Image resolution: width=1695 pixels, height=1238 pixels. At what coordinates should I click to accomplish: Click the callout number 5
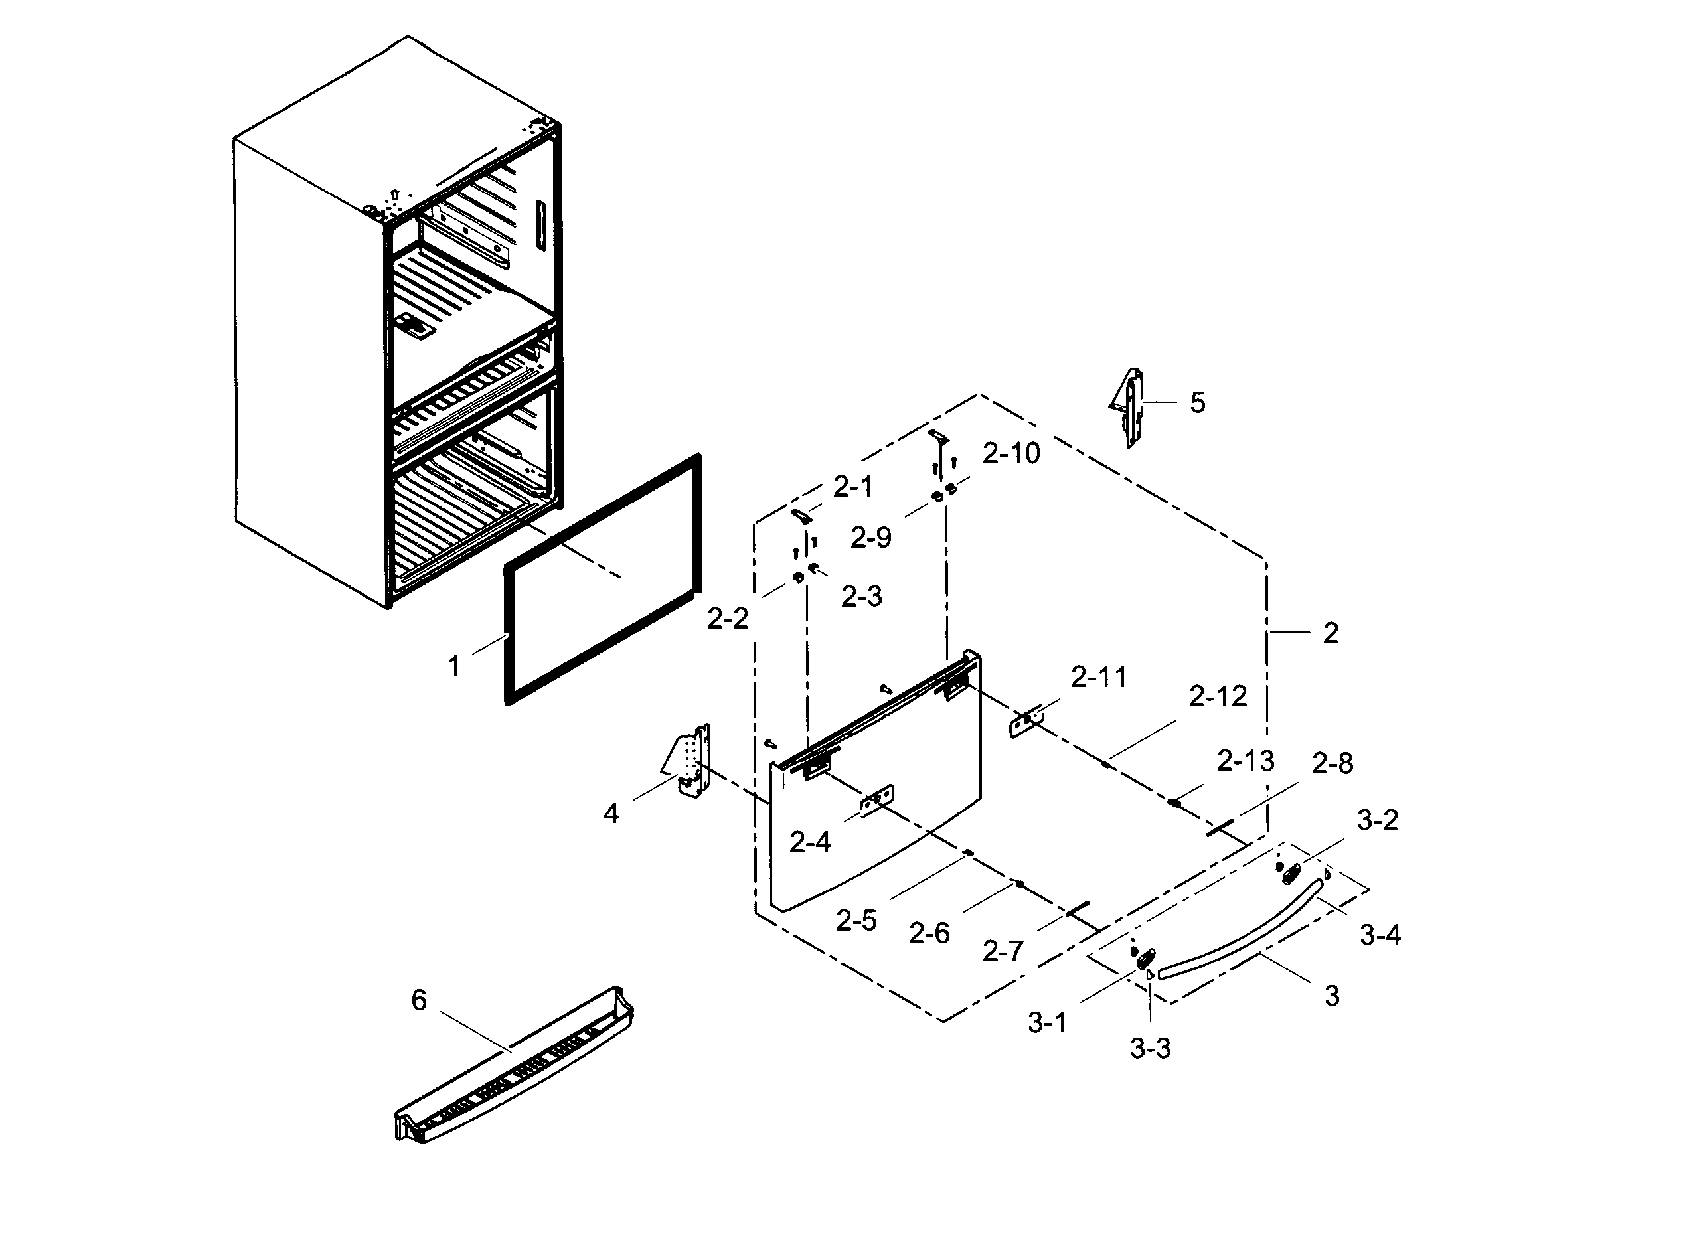point(1198,403)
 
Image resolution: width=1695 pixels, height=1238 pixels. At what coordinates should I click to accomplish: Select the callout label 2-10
point(1011,453)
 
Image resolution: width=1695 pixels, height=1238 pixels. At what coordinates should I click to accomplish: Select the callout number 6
point(419,1000)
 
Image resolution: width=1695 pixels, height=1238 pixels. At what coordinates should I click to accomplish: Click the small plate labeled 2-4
point(877,801)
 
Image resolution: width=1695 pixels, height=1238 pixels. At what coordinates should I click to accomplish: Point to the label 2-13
point(1246,761)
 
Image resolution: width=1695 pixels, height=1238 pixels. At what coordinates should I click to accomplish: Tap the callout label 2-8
point(1332,763)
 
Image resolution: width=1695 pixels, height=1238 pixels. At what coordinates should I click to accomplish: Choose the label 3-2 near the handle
point(1377,820)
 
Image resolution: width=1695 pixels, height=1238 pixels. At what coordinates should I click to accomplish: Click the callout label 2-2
point(728,619)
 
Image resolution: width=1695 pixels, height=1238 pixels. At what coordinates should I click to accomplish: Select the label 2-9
point(870,538)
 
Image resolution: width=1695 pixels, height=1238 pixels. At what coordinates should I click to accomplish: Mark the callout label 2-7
point(1003,953)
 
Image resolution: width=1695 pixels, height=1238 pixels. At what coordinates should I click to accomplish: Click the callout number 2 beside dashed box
point(1330,634)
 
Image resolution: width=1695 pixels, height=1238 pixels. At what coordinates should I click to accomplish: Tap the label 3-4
point(1380,935)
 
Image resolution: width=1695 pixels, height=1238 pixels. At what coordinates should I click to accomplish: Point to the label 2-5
point(856,921)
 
